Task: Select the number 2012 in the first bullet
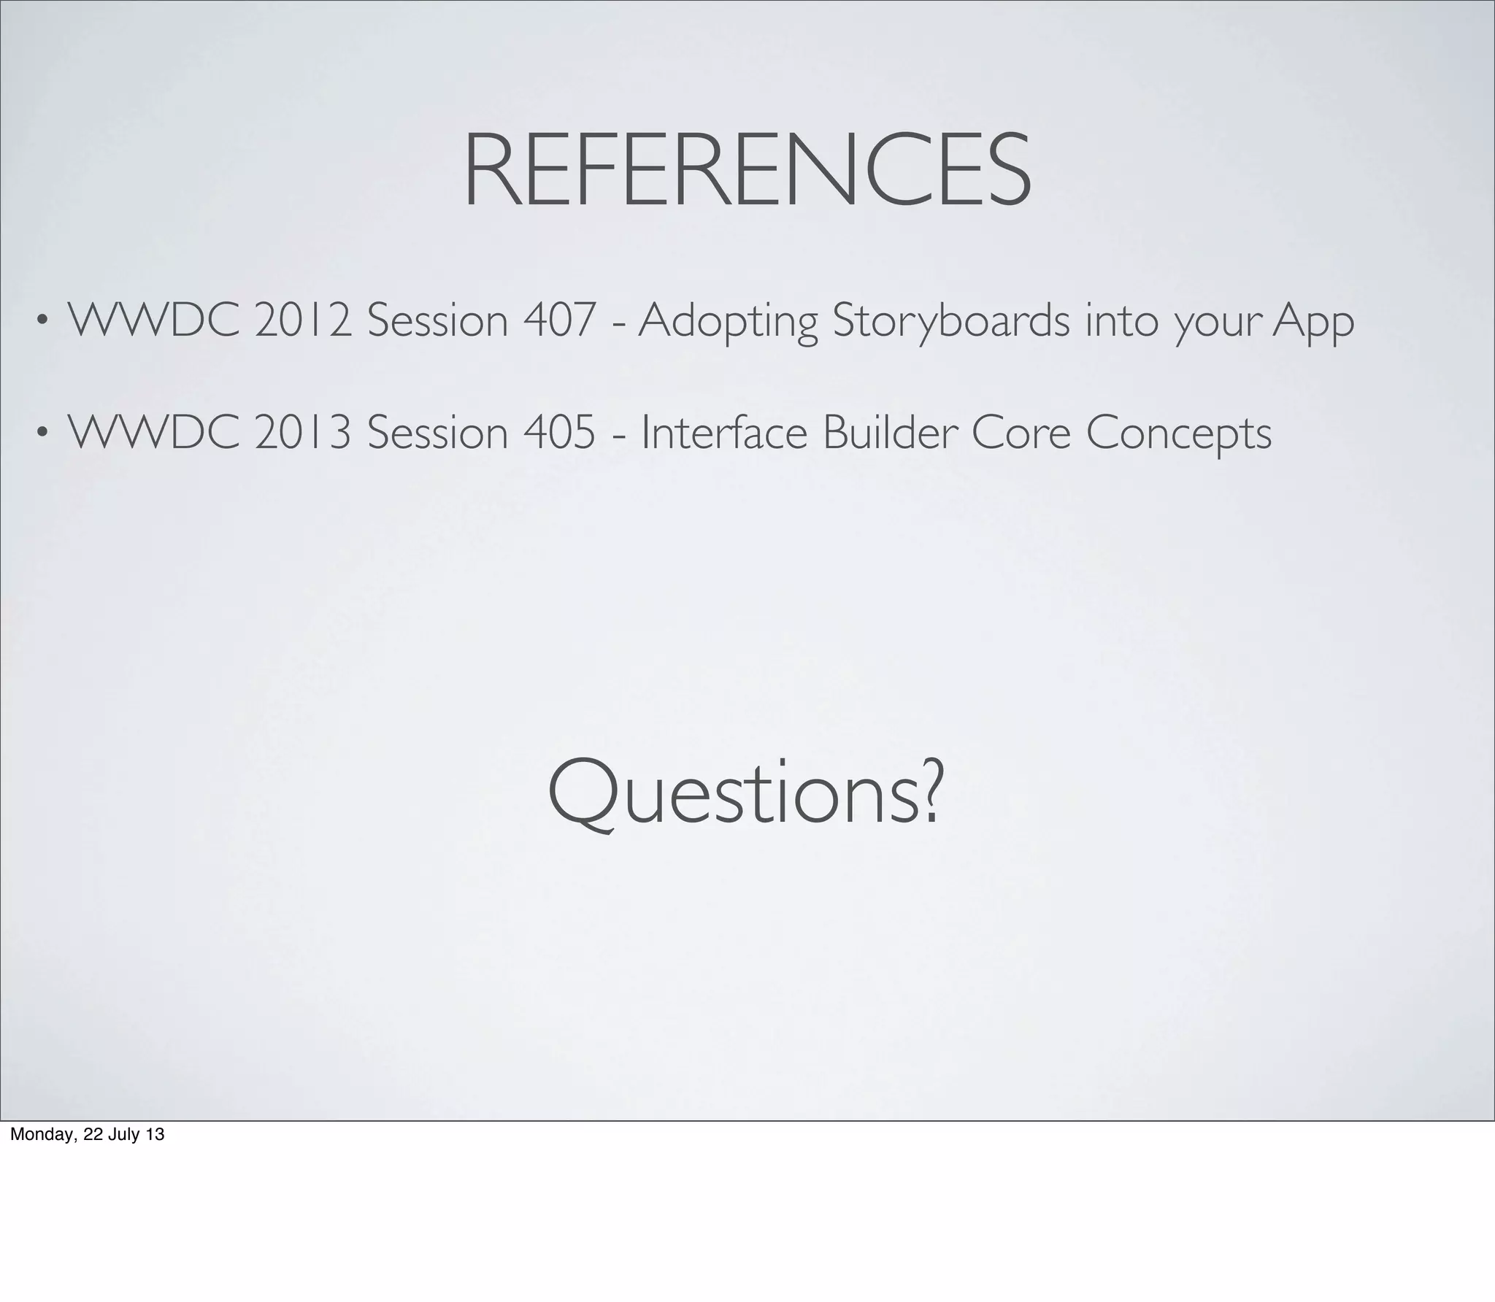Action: point(302,321)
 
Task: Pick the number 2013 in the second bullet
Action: point(302,433)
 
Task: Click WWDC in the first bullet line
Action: point(153,321)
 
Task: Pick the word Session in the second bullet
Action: point(437,433)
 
